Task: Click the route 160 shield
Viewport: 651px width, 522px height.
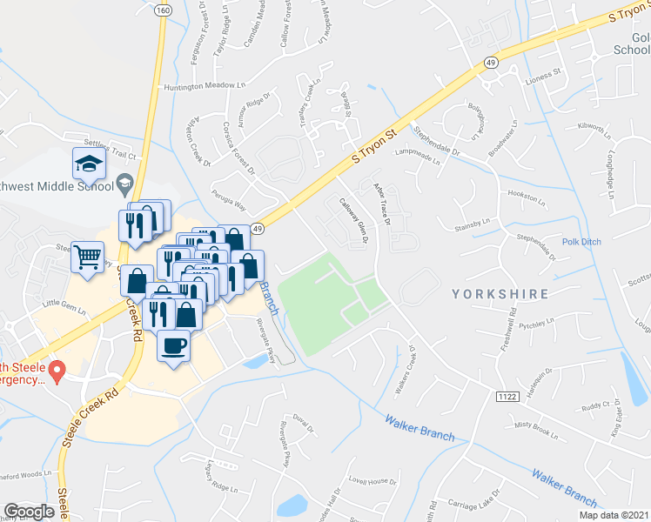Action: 164,10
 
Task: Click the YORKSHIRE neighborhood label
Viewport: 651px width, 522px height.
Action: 500,294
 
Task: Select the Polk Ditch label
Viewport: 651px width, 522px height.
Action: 581,242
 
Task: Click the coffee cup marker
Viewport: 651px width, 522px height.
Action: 174,346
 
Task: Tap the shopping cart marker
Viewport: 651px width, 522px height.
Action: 88,257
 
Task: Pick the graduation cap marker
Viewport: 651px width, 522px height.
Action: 88,163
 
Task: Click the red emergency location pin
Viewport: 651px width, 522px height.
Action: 57,371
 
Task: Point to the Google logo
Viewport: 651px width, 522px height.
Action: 30,512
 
